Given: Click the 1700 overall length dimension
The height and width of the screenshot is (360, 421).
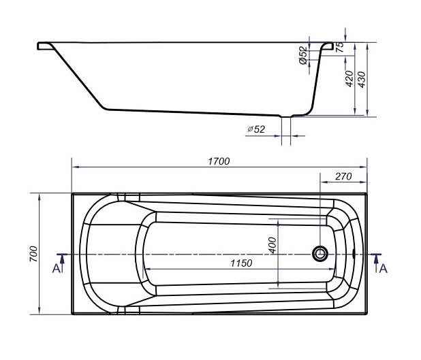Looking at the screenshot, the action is pos(219,161).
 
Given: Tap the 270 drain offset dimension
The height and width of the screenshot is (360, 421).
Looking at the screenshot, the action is pos(343,176).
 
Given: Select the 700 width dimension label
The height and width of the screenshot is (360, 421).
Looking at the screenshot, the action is pos(34,254).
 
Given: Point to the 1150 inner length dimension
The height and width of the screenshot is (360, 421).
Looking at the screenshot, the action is pos(241,263).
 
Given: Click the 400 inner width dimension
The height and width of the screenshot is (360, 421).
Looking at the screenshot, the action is pos(272,245).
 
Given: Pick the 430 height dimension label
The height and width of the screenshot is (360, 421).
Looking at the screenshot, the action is pos(362,80).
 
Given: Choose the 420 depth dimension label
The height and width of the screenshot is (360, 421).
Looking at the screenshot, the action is pos(349,79).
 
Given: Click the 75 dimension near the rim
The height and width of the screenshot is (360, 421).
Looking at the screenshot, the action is pos(340,47).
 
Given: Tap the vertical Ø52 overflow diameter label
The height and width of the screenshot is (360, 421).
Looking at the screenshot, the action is pos(303,55).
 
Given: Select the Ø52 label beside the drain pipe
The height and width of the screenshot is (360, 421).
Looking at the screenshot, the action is pos(256,129).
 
